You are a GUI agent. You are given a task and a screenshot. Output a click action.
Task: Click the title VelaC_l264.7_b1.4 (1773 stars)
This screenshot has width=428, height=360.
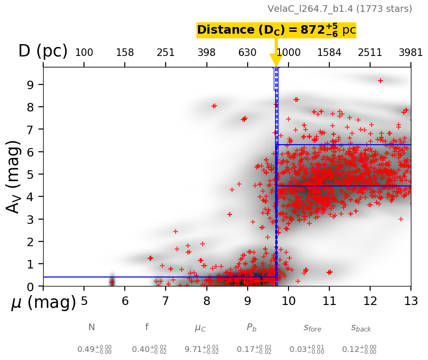(340, 9)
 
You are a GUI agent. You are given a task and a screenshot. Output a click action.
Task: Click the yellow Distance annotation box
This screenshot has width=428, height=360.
(276, 30)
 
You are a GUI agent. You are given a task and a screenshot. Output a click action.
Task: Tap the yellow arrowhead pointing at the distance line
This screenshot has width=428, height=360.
(276, 60)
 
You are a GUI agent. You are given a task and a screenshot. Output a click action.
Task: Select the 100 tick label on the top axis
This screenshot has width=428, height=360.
(84, 53)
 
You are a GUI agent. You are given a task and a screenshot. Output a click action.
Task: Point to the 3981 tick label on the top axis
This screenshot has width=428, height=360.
(410, 53)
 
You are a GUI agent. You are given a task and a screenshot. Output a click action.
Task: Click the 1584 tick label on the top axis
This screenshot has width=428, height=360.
(329, 53)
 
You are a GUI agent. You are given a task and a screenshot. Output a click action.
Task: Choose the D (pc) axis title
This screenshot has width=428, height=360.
(43, 51)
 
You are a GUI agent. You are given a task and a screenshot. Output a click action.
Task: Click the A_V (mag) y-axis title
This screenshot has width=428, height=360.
(14, 176)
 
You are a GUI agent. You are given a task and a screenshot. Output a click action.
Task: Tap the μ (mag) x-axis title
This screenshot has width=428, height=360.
(44, 303)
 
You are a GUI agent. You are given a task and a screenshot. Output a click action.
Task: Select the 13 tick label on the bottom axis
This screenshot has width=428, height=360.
(410, 302)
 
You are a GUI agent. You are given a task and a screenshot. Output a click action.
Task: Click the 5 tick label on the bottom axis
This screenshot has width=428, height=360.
(84, 302)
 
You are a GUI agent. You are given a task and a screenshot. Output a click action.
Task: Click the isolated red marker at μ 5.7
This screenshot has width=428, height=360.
(112, 282)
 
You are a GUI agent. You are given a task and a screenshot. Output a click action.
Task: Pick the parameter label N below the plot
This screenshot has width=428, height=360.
(92, 327)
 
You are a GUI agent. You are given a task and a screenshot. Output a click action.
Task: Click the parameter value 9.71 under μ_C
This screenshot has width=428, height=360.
(202, 350)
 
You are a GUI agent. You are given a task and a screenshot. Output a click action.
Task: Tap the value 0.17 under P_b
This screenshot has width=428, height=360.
(254, 350)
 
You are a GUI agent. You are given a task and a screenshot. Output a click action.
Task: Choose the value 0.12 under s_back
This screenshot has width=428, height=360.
(359, 350)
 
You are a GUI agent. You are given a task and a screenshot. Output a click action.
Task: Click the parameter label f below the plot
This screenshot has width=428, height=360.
(147, 327)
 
